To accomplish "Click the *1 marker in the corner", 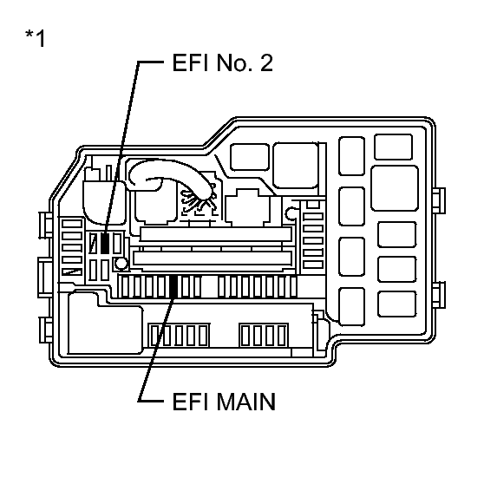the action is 36,37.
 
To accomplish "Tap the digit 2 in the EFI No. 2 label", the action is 266,63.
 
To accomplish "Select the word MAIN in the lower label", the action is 245,402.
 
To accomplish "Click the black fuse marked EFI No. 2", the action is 105,244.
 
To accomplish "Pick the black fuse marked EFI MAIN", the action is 173,287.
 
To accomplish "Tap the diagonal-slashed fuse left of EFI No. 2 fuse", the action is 93,244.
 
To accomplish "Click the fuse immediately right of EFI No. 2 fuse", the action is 117,244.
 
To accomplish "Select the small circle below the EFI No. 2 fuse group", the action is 121,264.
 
